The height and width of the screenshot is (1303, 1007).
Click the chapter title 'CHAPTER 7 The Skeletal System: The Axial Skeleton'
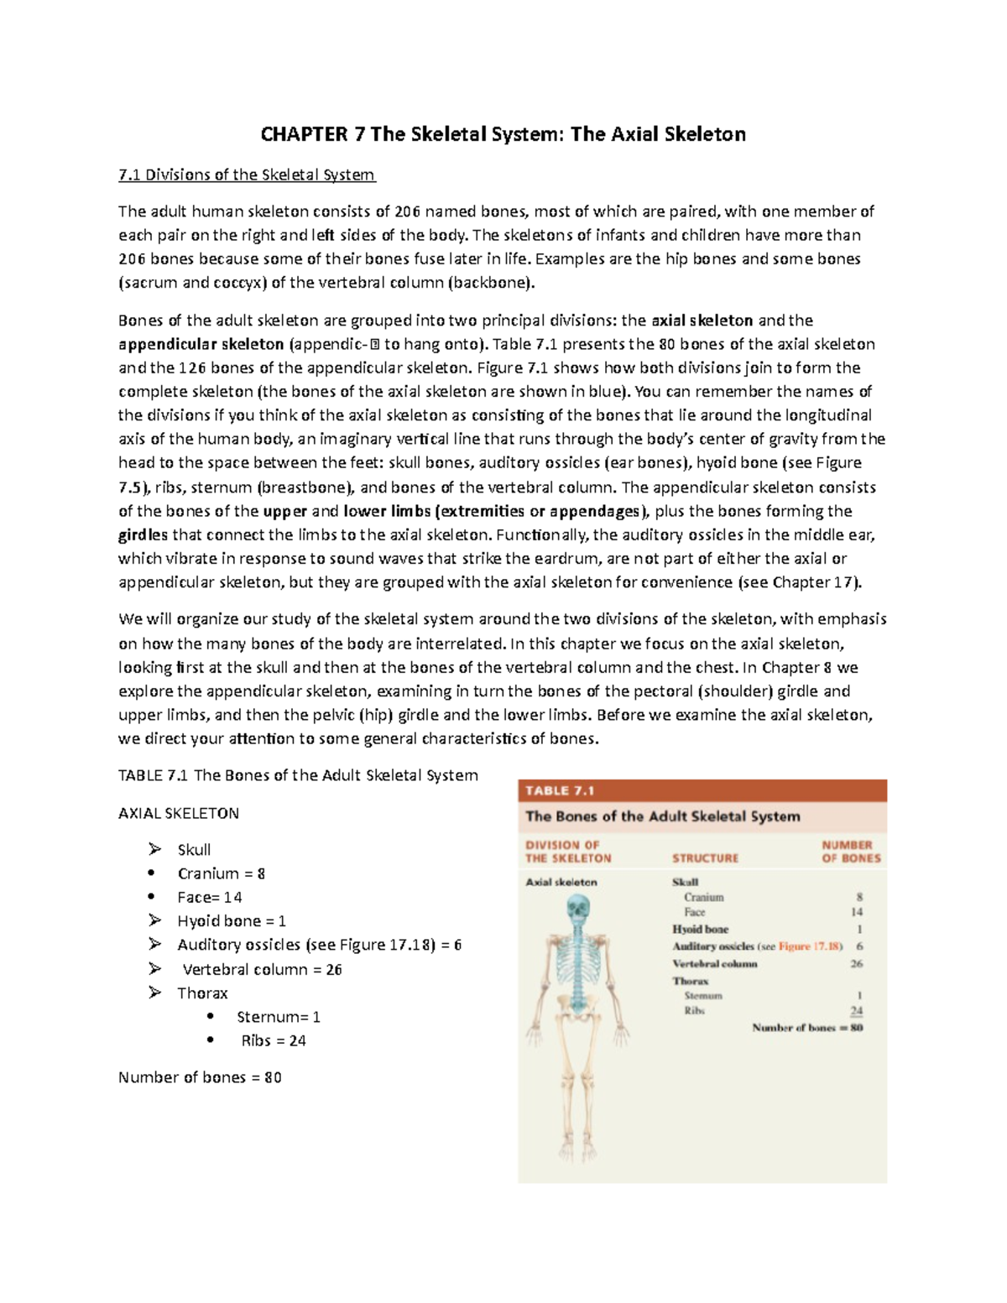coord(503,134)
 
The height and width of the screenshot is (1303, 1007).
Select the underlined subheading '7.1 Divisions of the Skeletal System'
coord(247,175)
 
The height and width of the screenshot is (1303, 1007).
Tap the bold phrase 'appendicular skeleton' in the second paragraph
coord(201,344)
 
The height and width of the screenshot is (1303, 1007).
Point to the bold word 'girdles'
coord(143,534)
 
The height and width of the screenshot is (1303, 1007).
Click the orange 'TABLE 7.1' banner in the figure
coord(560,790)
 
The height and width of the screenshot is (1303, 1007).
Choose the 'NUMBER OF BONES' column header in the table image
coord(851,852)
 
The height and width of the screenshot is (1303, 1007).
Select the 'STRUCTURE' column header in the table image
coord(705,858)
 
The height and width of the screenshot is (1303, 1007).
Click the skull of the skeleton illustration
coord(578,909)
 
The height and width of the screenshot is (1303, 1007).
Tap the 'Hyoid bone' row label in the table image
coord(700,930)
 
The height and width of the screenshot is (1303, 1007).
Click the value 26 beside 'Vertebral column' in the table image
coord(856,964)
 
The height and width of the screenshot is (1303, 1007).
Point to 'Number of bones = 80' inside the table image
coord(807,1028)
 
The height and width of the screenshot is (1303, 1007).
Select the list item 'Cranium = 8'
coord(222,873)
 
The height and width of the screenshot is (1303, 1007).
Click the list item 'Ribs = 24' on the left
coord(274,1040)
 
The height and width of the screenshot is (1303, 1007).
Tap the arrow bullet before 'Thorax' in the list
coord(155,993)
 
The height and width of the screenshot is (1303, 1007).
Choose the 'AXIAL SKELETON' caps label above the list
coord(179,813)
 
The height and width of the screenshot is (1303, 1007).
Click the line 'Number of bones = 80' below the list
coord(200,1077)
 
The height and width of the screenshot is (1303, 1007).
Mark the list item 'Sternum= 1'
coord(279,1017)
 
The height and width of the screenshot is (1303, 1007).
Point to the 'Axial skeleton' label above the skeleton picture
coord(561,883)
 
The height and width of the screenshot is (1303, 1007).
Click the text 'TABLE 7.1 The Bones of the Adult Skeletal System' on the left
coord(298,775)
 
